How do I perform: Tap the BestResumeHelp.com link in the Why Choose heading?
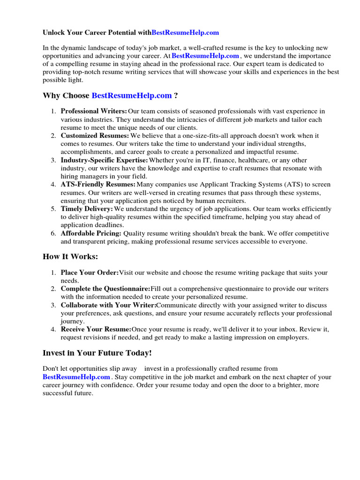[132, 96]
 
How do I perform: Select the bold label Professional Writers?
[94, 111]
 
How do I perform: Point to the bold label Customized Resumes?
[95, 135]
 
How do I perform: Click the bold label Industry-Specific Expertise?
[104, 160]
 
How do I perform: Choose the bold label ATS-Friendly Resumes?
[98, 185]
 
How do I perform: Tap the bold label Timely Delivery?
[87, 209]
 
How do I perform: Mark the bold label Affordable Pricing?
[91, 233]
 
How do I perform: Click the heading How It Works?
[71, 256]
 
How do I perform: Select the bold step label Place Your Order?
[90, 272]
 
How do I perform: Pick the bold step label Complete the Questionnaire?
[105, 288]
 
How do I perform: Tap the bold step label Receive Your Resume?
[96, 329]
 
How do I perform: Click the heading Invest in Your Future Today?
[97, 353]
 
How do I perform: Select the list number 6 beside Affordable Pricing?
[53, 233]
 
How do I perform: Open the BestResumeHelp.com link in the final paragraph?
[76, 377]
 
